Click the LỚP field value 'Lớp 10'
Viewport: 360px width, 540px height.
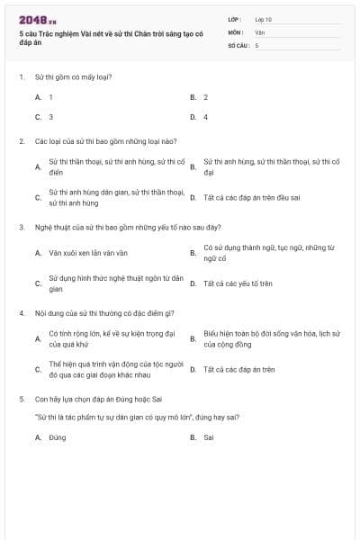tap(264, 19)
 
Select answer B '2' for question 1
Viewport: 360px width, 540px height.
tap(205, 96)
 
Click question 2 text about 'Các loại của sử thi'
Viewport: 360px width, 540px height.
tap(105, 141)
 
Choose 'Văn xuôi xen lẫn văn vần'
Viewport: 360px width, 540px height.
tap(88, 253)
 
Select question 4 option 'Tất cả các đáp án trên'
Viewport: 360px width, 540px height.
tap(238, 369)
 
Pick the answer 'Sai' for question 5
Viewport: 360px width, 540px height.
tap(208, 437)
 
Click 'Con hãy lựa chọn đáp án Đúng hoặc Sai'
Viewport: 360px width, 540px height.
tap(99, 398)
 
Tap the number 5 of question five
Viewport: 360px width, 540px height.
tap(21, 398)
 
